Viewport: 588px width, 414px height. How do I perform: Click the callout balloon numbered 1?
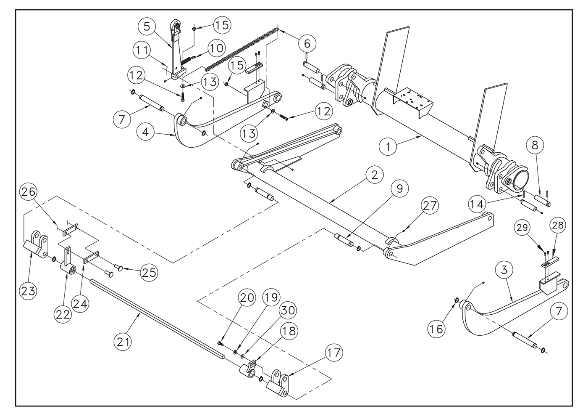pos(388,147)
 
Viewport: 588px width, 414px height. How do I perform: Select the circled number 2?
pos(374,175)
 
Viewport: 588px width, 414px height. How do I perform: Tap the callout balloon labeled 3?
pos(504,270)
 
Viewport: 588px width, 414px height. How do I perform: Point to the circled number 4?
pos(145,132)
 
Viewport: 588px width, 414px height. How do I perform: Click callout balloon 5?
pos(147,27)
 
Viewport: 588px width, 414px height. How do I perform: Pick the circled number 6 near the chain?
pos(307,43)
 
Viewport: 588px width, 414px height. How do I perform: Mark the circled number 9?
pos(399,188)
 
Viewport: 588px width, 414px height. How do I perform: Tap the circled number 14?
pos(477,204)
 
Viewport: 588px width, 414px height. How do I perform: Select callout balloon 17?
pos(334,353)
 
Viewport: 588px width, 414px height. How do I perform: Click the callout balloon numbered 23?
pos(29,292)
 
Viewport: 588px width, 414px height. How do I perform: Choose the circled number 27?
pos(429,206)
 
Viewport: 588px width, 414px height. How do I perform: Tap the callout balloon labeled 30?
pos(288,310)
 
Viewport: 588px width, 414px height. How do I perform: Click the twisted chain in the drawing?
pos(241,50)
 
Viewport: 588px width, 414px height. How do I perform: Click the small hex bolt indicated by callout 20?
pos(220,343)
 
